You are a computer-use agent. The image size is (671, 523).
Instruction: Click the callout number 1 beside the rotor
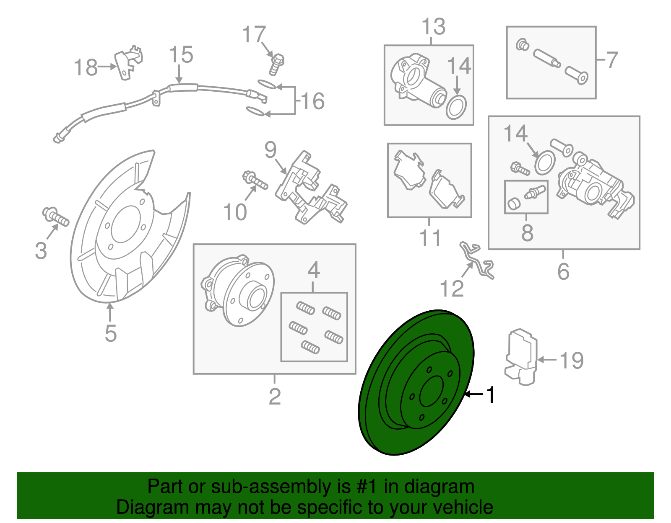(x=490, y=395)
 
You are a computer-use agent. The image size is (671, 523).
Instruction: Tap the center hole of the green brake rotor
(x=431, y=391)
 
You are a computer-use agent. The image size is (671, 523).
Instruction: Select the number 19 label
(x=572, y=360)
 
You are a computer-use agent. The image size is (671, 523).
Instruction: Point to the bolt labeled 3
(x=56, y=216)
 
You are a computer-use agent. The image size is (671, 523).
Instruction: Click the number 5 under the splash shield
(x=110, y=334)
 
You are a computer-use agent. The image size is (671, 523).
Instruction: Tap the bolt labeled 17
(x=276, y=64)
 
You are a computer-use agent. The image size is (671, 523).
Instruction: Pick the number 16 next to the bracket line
(x=313, y=101)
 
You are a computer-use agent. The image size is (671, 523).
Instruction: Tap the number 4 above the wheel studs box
(x=314, y=271)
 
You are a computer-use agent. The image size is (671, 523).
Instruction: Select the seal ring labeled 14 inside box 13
(x=456, y=107)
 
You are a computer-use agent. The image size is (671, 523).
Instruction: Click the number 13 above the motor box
(x=433, y=27)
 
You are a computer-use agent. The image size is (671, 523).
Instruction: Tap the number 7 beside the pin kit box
(x=612, y=60)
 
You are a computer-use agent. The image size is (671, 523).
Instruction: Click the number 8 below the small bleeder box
(x=527, y=233)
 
